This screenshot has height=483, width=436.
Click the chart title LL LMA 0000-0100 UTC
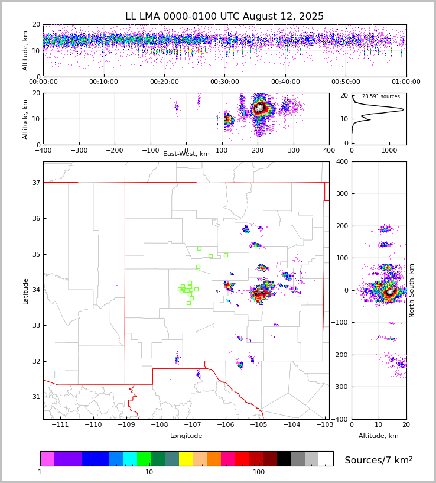224,17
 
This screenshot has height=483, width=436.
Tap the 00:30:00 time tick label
224,82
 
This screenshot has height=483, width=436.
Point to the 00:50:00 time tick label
346,82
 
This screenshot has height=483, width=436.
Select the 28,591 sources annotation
380,96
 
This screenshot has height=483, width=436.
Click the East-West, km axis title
186,154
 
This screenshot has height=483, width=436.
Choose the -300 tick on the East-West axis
79,150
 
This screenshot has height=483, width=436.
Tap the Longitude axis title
186,436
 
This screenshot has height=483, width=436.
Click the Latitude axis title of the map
25,291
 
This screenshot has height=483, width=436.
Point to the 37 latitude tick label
35,183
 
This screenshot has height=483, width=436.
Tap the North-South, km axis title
412,290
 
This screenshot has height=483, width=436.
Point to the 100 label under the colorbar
259,472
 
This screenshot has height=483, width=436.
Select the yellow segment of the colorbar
186,459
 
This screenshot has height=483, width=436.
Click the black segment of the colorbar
284,459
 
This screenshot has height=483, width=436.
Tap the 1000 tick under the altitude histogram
389,150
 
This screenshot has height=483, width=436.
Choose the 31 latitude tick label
35,397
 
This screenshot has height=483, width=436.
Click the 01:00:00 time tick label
406,82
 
